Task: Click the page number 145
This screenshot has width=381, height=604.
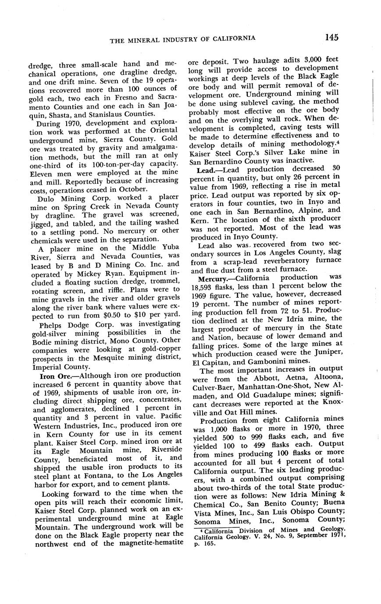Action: point(332,38)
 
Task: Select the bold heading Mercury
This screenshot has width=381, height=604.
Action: point(214,278)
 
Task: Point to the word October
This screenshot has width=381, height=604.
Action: point(134,189)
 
